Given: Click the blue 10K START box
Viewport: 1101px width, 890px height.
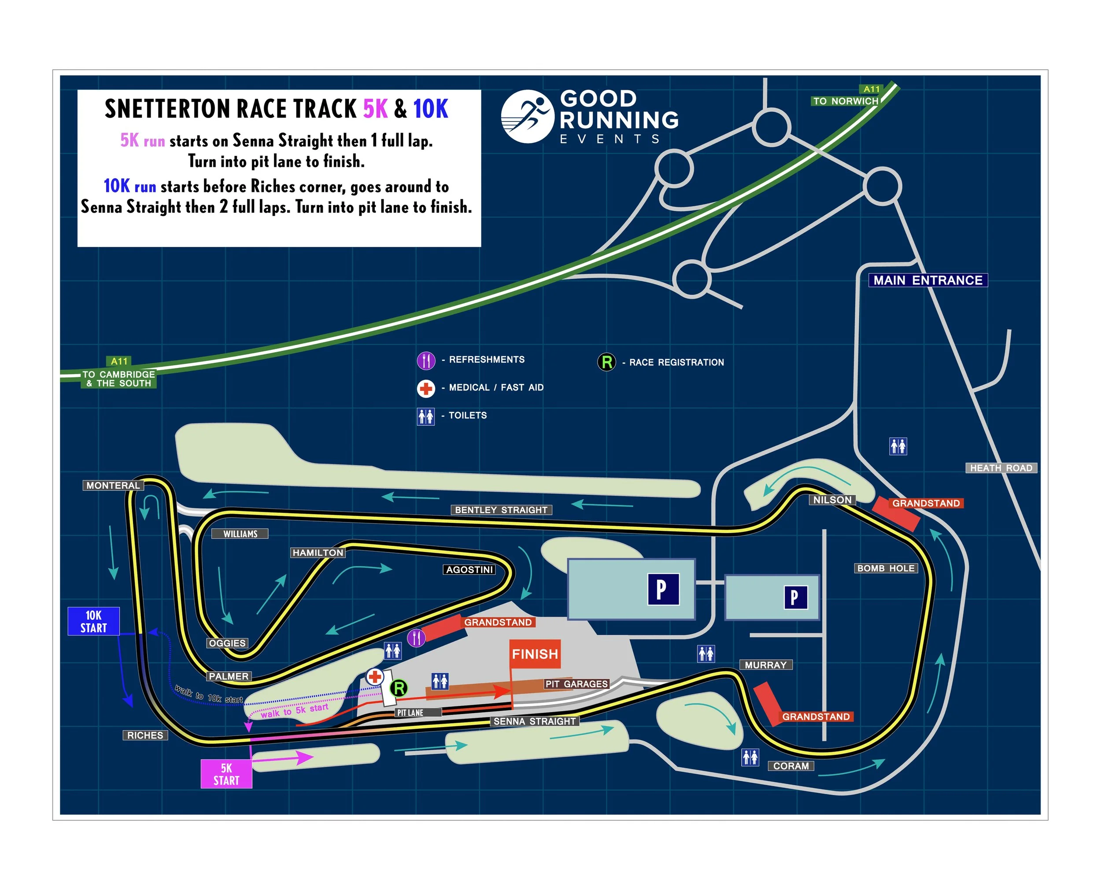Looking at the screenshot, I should click(x=93, y=621).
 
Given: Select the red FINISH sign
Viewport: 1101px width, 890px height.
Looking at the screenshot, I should click(x=534, y=654).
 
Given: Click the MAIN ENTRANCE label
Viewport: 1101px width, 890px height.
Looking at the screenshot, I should click(x=927, y=280).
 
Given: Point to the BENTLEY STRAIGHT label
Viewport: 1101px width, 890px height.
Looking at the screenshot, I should click(x=501, y=510).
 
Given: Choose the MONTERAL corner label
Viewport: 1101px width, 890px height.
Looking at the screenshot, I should click(x=113, y=485).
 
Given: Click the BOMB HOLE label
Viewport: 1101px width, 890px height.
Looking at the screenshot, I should click(x=886, y=568).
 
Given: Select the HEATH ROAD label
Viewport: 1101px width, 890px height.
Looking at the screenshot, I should click(x=1001, y=467).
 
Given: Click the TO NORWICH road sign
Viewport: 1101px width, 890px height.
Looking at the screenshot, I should click(x=845, y=101).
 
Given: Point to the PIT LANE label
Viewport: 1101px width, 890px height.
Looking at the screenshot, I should click(x=410, y=713).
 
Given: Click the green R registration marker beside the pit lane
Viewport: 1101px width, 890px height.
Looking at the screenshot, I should click(x=399, y=688).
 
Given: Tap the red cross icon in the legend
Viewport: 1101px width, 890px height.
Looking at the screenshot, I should click(x=425, y=388).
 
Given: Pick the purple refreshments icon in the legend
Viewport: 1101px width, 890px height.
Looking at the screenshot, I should click(x=425, y=360).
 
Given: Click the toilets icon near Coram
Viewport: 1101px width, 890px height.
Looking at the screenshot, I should click(x=750, y=757).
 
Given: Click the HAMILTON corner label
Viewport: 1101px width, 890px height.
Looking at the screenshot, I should click(x=318, y=552).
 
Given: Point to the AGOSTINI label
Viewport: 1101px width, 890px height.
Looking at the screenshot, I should click(x=469, y=570).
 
